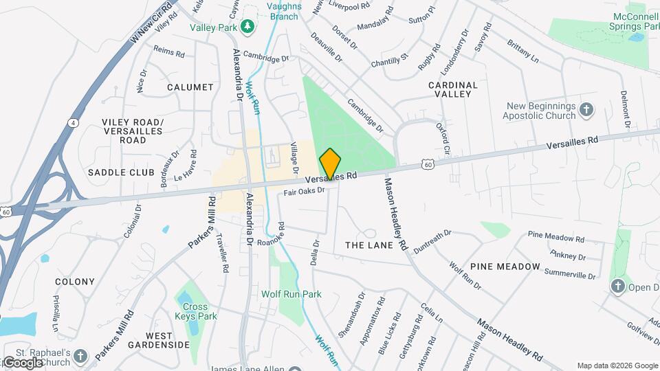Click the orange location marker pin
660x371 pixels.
click(x=330, y=164)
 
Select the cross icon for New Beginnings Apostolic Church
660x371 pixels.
click(x=586, y=109)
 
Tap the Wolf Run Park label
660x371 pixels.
click(x=291, y=294)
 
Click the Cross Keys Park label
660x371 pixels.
click(x=200, y=311)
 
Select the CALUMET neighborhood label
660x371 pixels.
click(x=190, y=87)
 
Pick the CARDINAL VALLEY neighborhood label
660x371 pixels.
click(x=452, y=89)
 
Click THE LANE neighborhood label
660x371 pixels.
click(x=369, y=245)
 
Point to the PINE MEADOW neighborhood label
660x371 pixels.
click(x=505, y=266)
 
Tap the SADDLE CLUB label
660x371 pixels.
click(x=121, y=172)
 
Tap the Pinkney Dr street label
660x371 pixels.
click(x=568, y=256)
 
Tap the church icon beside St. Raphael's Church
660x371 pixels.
click(x=81, y=355)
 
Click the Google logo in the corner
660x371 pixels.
click(x=23, y=362)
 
